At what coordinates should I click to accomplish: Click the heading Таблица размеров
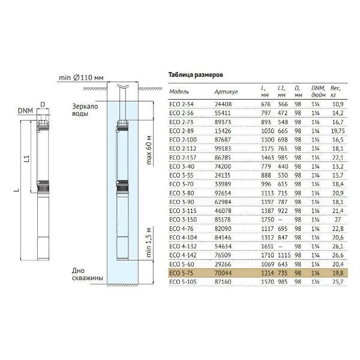pos(196,75)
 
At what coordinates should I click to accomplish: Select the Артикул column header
pos(226,92)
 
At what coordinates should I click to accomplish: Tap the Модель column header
pos(179,92)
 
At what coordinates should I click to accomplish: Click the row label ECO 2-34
pos(181,104)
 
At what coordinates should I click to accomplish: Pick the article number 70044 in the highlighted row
pos(223,273)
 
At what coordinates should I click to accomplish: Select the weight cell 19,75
pos(338,131)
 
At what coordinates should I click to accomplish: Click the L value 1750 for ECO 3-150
pos(268,220)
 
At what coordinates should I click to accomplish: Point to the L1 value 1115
pos(284,255)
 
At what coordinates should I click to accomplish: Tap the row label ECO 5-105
pos(183,282)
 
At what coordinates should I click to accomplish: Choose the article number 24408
pos(223,104)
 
